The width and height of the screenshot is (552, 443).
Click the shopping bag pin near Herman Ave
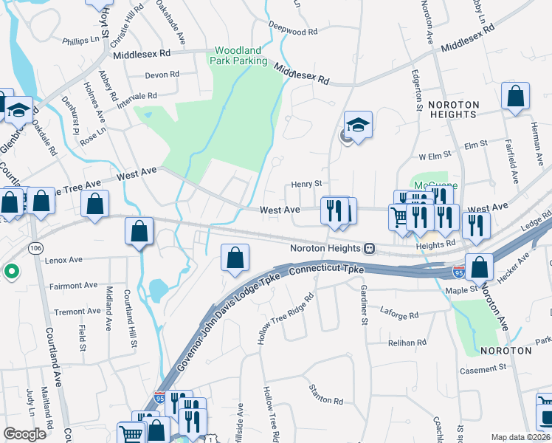coord(515,96)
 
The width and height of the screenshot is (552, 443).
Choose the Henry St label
coord(307,184)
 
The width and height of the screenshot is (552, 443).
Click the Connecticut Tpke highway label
coord(326,271)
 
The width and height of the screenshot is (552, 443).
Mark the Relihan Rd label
coord(407,343)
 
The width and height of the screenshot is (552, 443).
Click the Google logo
coord(24,434)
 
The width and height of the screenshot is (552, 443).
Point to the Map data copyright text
coord(520,437)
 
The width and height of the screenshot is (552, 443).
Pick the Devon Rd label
coord(162,75)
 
